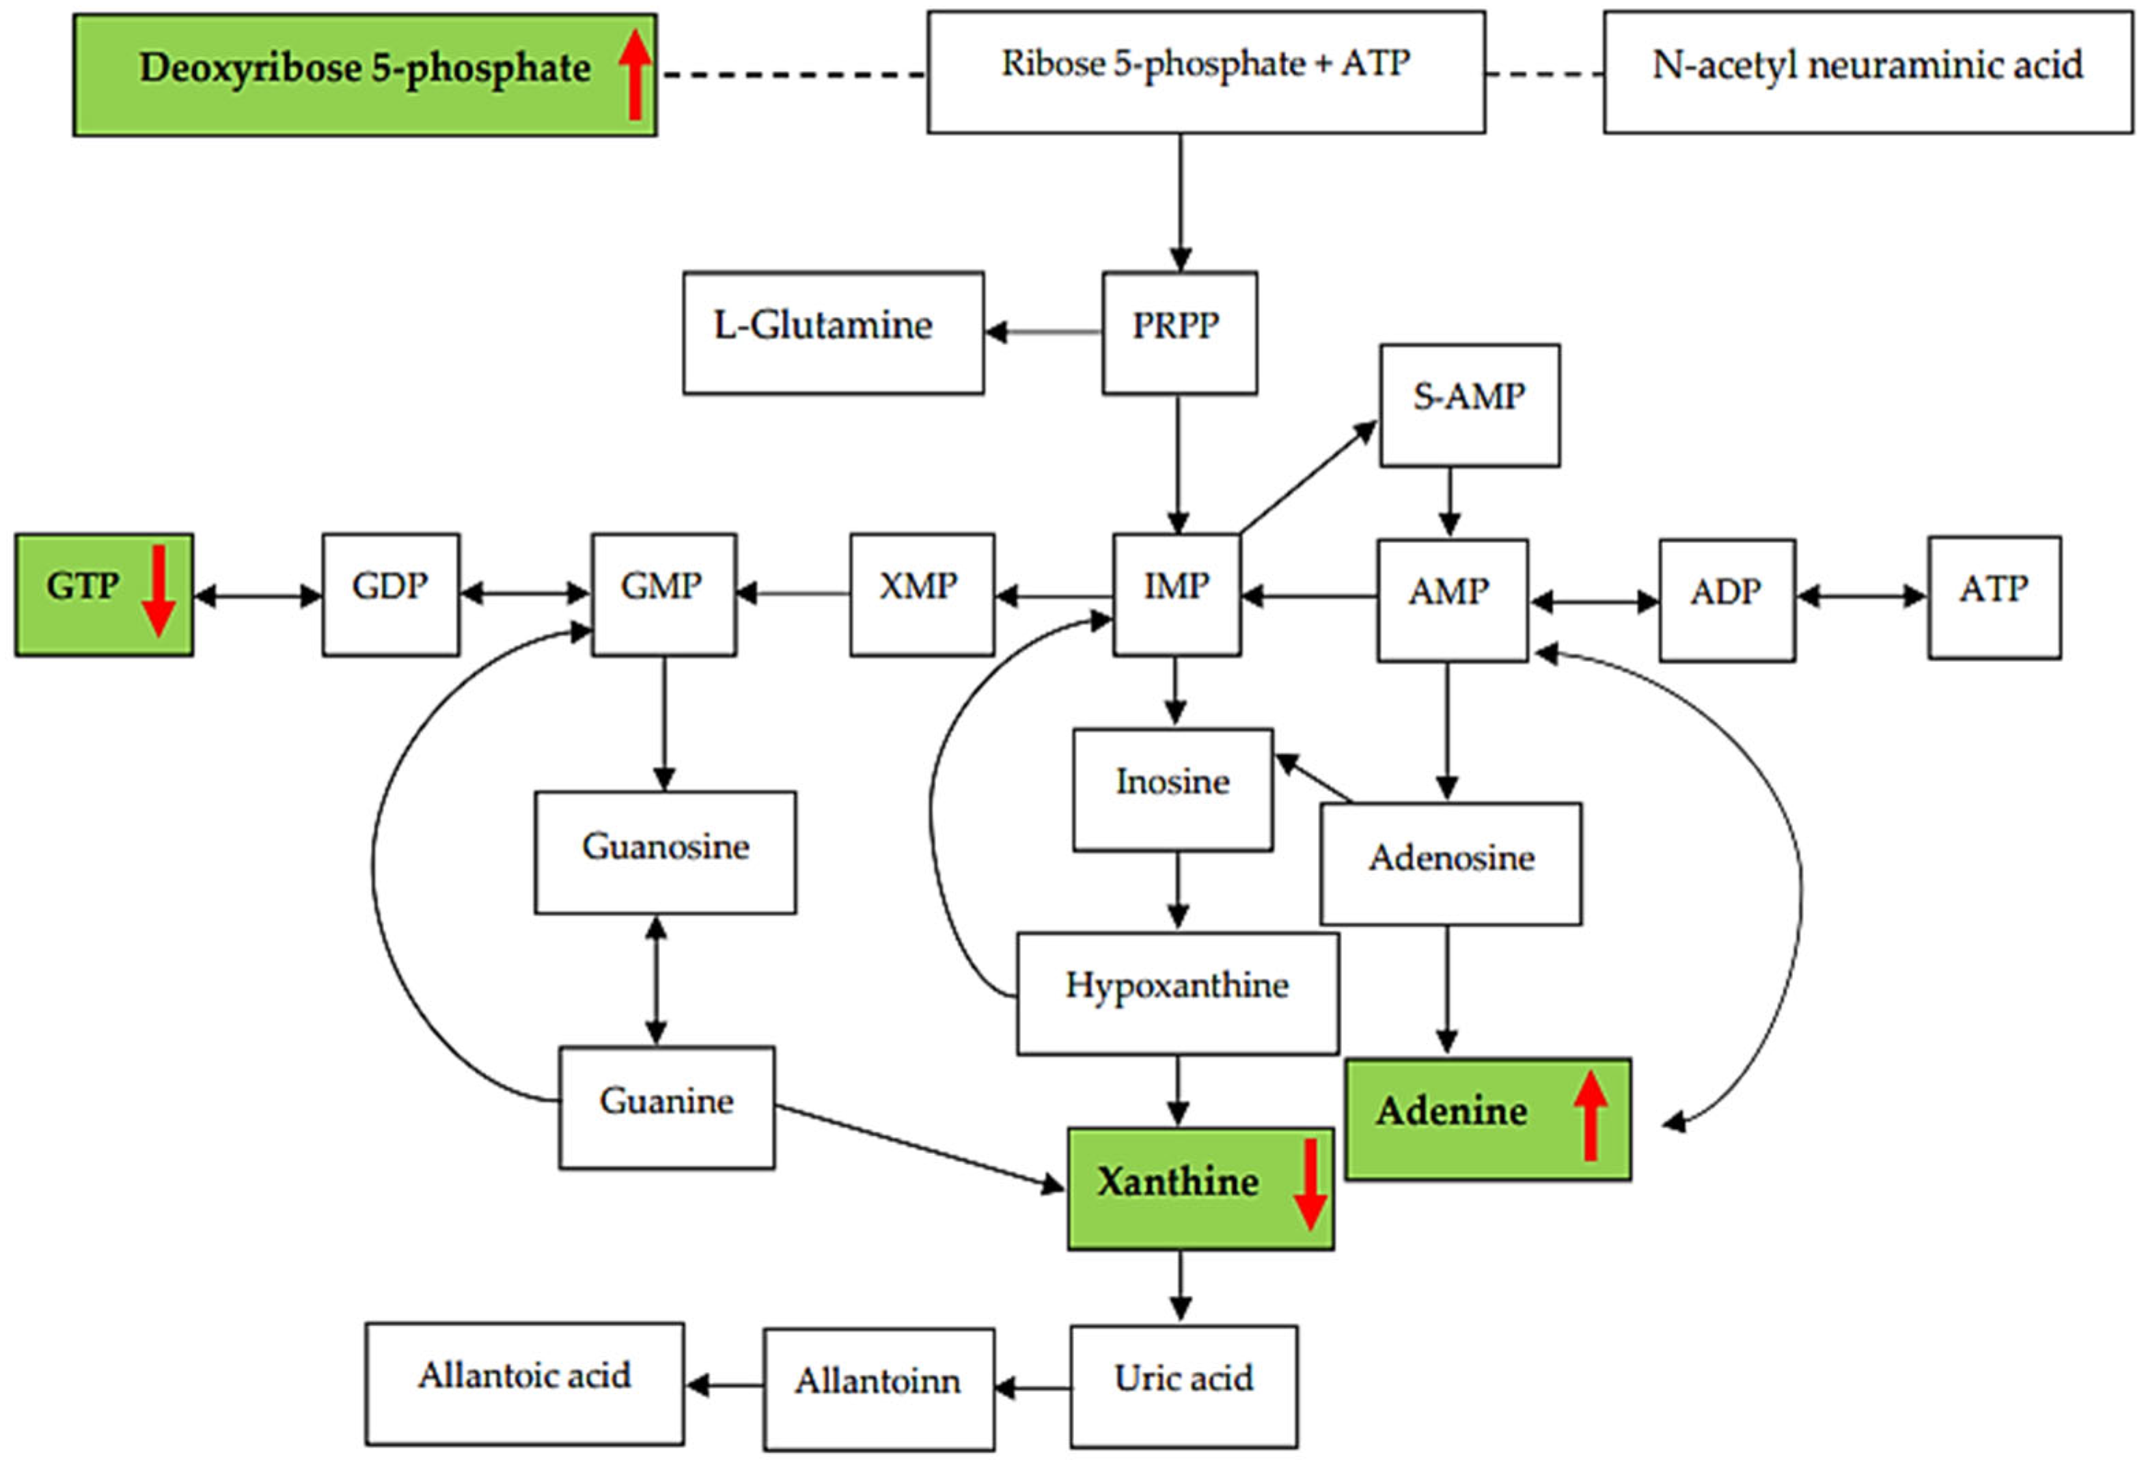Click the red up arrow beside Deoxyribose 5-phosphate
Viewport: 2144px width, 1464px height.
click(x=635, y=74)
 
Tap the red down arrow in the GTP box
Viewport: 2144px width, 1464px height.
click(x=159, y=590)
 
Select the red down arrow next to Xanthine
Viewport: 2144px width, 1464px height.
click(x=1309, y=1185)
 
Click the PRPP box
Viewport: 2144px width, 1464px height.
click(x=1179, y=332)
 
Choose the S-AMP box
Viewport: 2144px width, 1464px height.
click(x=1470, y=405)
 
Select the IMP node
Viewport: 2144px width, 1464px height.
click(x=1177, y=594)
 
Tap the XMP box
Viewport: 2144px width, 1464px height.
click(x=922, y=594)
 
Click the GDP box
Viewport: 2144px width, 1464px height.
click(x=390, y=594)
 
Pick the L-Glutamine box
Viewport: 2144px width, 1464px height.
click(x=833, y=332)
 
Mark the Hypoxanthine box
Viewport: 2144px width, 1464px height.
click(x=1177, y=993)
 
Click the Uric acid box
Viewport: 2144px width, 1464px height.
click(x=1183, y=1385)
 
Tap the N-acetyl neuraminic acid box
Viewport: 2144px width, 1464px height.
click(x=1867, y=72)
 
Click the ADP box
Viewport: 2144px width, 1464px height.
click(x=1726, y=600)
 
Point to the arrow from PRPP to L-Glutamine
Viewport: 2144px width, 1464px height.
click(x=1043, y=332)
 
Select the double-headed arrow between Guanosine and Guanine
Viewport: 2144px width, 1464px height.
click(x=656, y=980)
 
